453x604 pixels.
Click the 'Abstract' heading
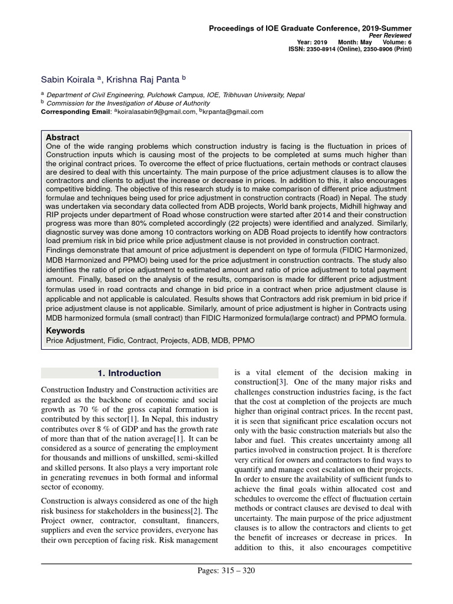tap(63, 137)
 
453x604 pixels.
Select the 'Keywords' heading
tap(65, 331)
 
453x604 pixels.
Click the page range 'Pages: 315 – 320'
tap(226, 570)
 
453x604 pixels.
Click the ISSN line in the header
tap(357, 50)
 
